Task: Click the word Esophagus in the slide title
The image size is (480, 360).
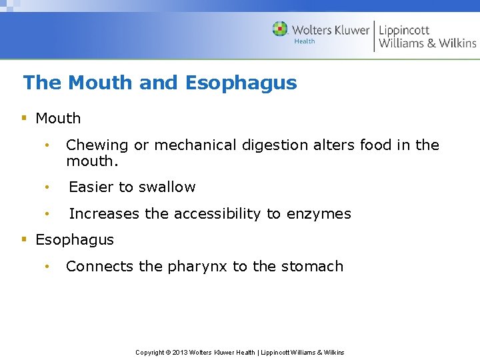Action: [241, 83]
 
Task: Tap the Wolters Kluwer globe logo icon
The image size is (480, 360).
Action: [280, 29]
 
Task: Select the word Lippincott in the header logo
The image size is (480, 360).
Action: [404, 30]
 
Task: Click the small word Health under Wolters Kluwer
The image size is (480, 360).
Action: [305, 41]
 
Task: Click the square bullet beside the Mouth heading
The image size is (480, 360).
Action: [24, 118]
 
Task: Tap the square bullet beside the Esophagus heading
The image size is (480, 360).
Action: [24, 239]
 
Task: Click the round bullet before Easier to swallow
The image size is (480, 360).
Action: [47, 187]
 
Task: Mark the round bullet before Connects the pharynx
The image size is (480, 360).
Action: [47, 267]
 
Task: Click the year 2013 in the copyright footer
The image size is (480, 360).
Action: [179, 352]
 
